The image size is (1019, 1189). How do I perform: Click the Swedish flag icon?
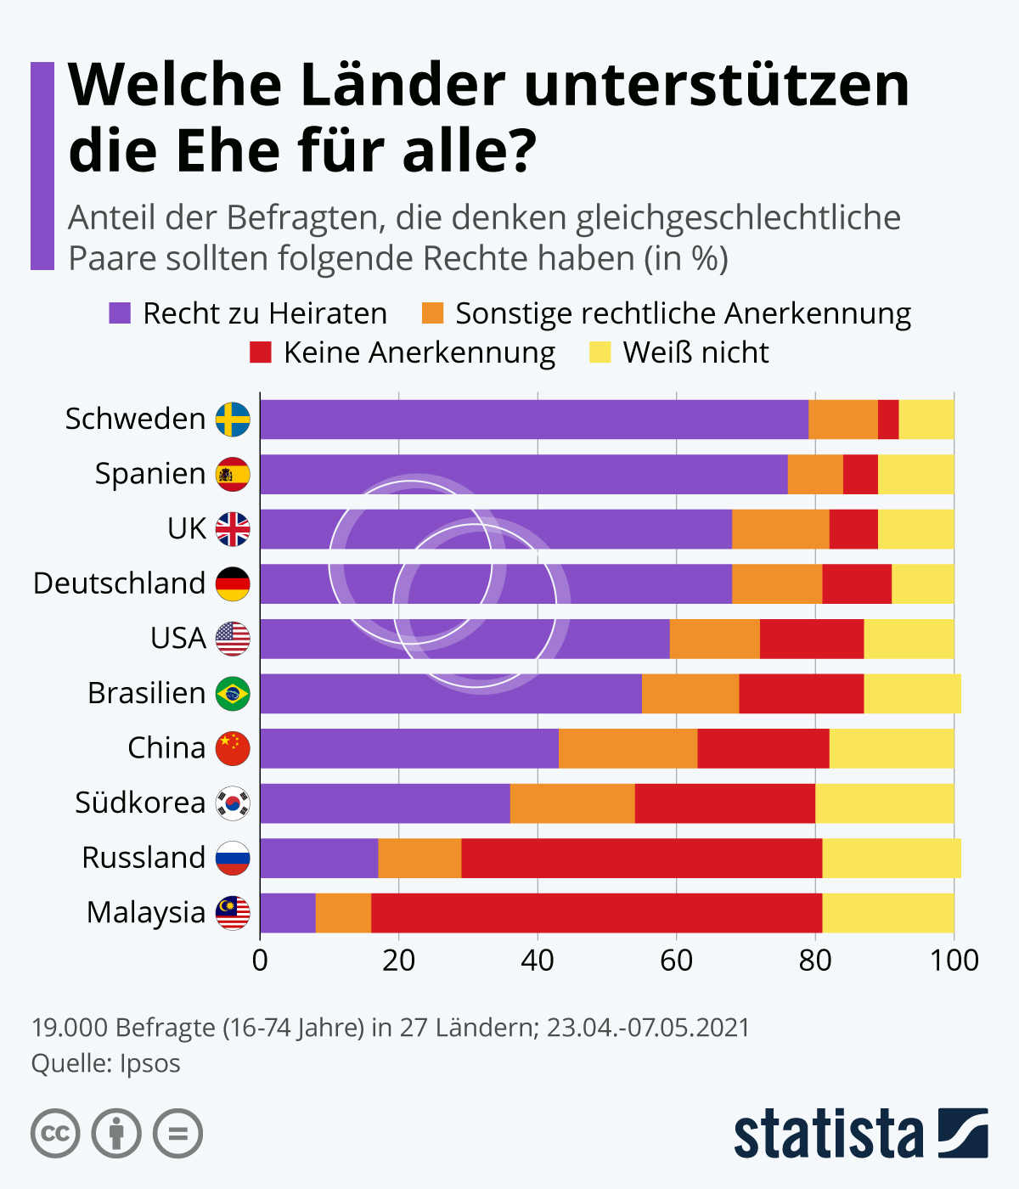pos(233,420)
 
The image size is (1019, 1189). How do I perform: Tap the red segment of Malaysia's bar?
pos(596,913)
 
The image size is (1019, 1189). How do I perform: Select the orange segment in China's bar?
pos(628,748)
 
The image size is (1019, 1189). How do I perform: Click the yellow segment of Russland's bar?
pos(892,858)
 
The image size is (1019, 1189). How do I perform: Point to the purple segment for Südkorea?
pos(385,803)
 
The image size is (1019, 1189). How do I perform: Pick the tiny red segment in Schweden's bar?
pos(888,420)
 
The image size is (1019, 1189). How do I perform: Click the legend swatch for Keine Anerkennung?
pos(261,352)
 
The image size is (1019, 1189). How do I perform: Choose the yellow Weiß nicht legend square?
pos(600,352)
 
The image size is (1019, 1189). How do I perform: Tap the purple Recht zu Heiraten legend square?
pos(120,313)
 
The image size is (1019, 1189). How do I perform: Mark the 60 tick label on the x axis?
pos(676,961)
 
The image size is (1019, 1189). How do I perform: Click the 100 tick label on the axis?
pos(954,961)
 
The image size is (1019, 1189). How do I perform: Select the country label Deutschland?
pos(120,583)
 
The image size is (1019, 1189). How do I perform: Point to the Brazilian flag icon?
pos(233,694)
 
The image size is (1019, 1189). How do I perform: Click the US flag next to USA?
pos(233,639)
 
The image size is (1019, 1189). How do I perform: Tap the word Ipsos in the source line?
pos(150,1063)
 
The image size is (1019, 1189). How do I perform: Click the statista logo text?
pos(828,1134)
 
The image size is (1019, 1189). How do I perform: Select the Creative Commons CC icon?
pos(55,1134)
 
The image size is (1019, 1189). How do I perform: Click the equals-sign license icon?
pos(177,1134)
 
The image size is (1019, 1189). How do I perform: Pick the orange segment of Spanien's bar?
pos(815,474)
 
